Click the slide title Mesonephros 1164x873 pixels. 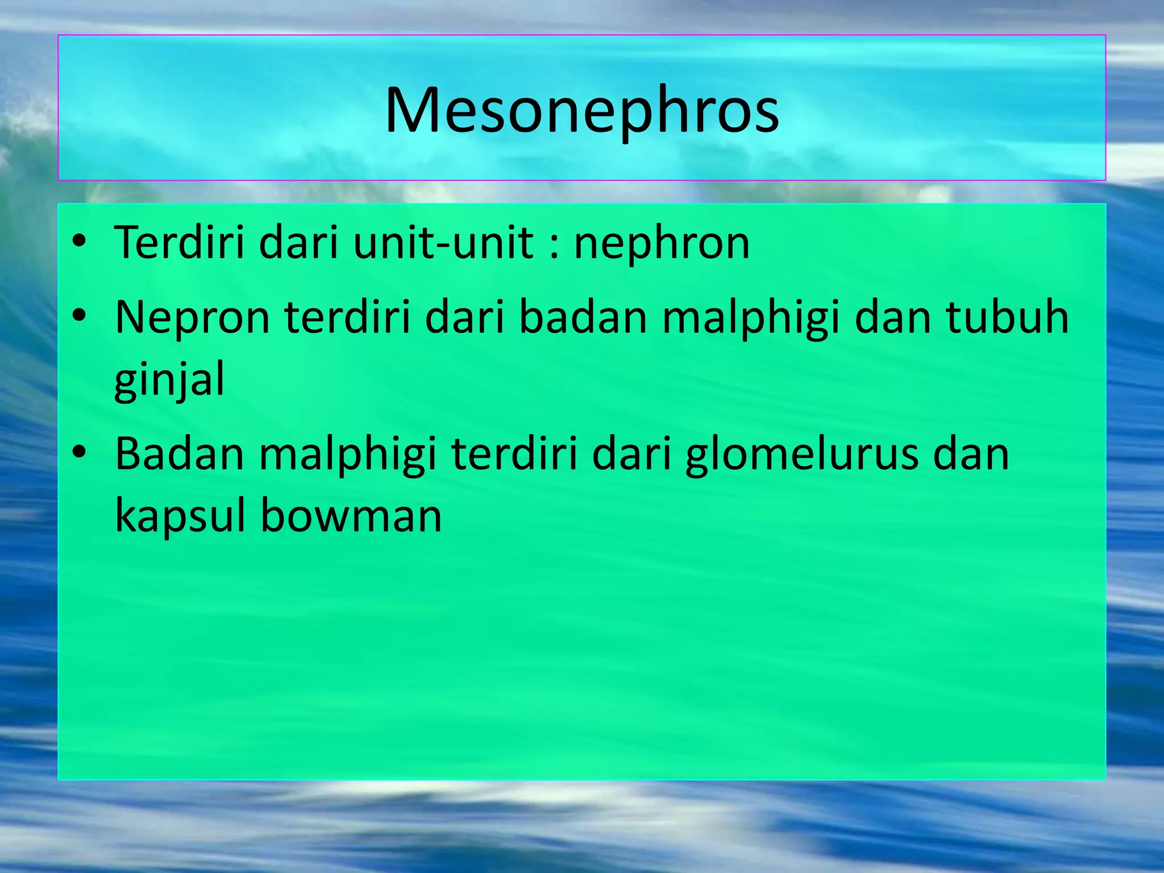pos(581,111)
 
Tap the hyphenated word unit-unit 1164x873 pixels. pos(443,243)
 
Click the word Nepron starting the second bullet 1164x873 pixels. pos(192,318)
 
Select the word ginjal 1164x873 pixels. pos(169,380)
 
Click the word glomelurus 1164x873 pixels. pos(801,455)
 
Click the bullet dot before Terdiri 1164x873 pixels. pos(80,242)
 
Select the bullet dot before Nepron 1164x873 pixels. pos(80,315)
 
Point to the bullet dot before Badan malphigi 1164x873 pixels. pos(80,452)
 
